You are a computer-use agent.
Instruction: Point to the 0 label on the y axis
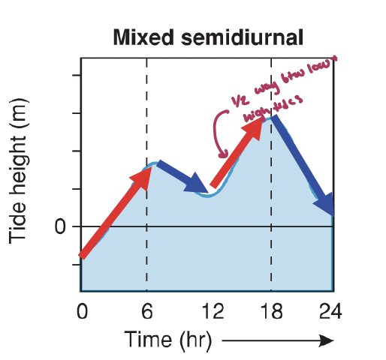[60, 227]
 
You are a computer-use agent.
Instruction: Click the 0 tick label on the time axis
[82, 310]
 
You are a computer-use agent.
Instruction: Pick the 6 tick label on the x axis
[146, 310]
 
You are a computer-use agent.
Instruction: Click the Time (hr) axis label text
[168, 340]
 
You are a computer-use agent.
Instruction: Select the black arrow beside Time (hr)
[278, 341]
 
